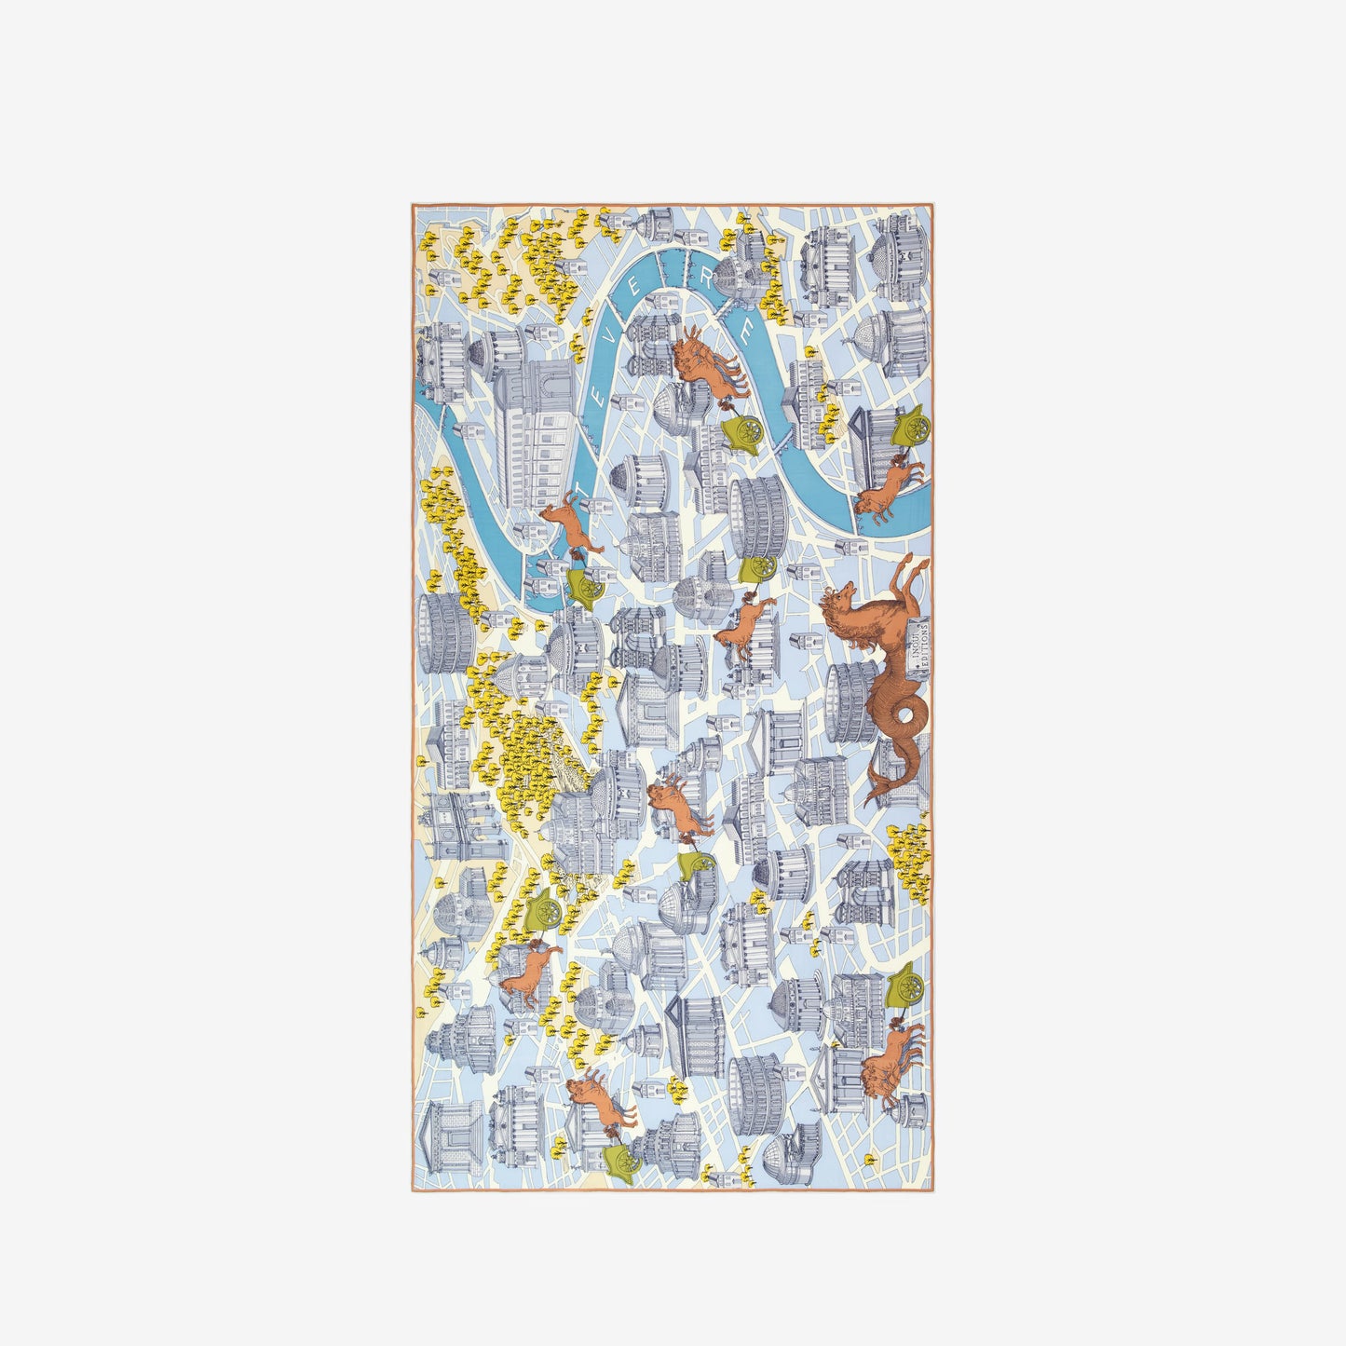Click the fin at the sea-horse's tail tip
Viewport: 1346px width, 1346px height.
coord(876,792)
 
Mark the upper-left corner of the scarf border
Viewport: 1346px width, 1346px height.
coord(412,205)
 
